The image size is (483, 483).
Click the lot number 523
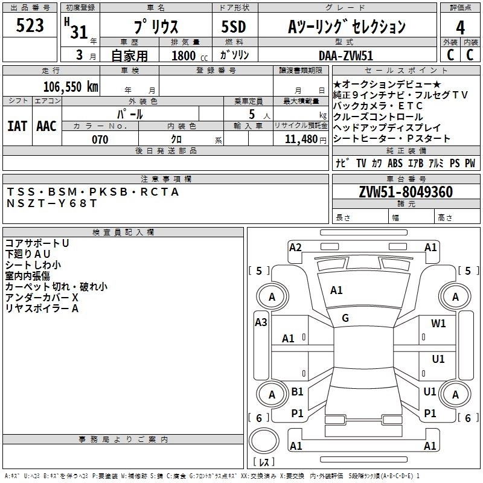pyautogui.click(x=30, y=26)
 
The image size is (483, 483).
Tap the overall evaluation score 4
pyautogui.click(x=460, y=27)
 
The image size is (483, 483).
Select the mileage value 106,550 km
pyautogui.click(x=71, y=87)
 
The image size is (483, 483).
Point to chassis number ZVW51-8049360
pyautogui.click(x=405, y=193)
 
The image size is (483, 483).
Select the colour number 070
pyautogui.click(x=100, y=139)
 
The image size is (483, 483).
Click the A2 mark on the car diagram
pyautogui.click(x=295, y=247)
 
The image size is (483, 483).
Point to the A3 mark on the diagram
pyautogui.click(x=261, y=322)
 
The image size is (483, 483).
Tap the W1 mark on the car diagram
pyautogui.click(x=438, y=324)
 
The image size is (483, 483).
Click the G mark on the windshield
pyautogui.click(x=345, y=318)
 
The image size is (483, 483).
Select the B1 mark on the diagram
pyautogui.click(x=297, y=392)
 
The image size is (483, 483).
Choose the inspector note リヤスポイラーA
pyautogui.click(x=42, y=309)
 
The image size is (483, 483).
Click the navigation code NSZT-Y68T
pyautogui.click(x=51, y=203)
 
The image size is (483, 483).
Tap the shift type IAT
pyautogui.click(x=17, y=126)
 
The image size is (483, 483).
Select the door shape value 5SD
pyautogui.click(x=234, y=27)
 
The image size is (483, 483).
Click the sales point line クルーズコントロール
pyautogui.click(x=378, y=117)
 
